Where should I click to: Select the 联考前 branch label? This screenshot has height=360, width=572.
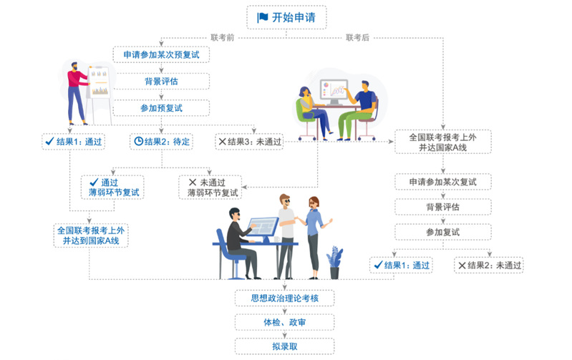(222, 37)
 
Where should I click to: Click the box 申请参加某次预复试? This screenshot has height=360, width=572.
(161, 54)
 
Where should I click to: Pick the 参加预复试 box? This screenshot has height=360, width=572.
(161, 108)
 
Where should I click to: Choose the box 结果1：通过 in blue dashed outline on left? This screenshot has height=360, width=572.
(73, 141)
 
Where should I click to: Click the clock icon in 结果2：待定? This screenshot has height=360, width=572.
(138, 141)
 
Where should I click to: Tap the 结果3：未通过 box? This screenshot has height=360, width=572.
(249, 141)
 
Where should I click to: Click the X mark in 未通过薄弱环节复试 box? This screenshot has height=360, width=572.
(192, 182)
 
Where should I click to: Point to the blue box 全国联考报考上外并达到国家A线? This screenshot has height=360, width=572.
(91, 235)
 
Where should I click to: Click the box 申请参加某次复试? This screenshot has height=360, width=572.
(443, 182)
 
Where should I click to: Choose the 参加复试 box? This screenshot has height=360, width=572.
(443, 232)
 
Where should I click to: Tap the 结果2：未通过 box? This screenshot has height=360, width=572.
(490, 265)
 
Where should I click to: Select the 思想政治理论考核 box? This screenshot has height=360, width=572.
(285, 298)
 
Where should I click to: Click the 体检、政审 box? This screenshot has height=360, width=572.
(285, 322)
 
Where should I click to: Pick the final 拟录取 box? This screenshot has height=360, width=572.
(285, 346)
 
